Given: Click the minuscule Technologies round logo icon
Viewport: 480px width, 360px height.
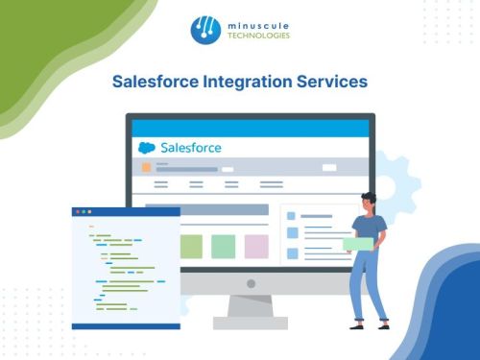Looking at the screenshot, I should (x=204, y=30).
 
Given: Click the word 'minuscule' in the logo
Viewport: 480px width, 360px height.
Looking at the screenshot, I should (x=257, y=23).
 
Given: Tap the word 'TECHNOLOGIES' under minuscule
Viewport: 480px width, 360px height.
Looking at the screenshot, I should (x=257, y=36).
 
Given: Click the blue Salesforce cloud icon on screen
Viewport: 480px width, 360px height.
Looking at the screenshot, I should (x=147, y=148).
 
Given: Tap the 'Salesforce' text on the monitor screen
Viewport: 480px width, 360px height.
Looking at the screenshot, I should (x=190, y=148).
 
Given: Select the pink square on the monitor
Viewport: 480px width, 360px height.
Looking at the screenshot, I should (x=255, y=246).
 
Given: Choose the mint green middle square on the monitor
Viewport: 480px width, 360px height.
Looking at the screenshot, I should (x=223, y=246).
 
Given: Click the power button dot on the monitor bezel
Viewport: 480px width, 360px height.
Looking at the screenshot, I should (x=251, y=283).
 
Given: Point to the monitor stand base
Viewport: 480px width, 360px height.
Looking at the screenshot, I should (x=251, y=323).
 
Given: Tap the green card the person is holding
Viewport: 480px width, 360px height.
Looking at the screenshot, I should (x=358, y=244).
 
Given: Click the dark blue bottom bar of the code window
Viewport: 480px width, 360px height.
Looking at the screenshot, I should (x=126, y=325).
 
